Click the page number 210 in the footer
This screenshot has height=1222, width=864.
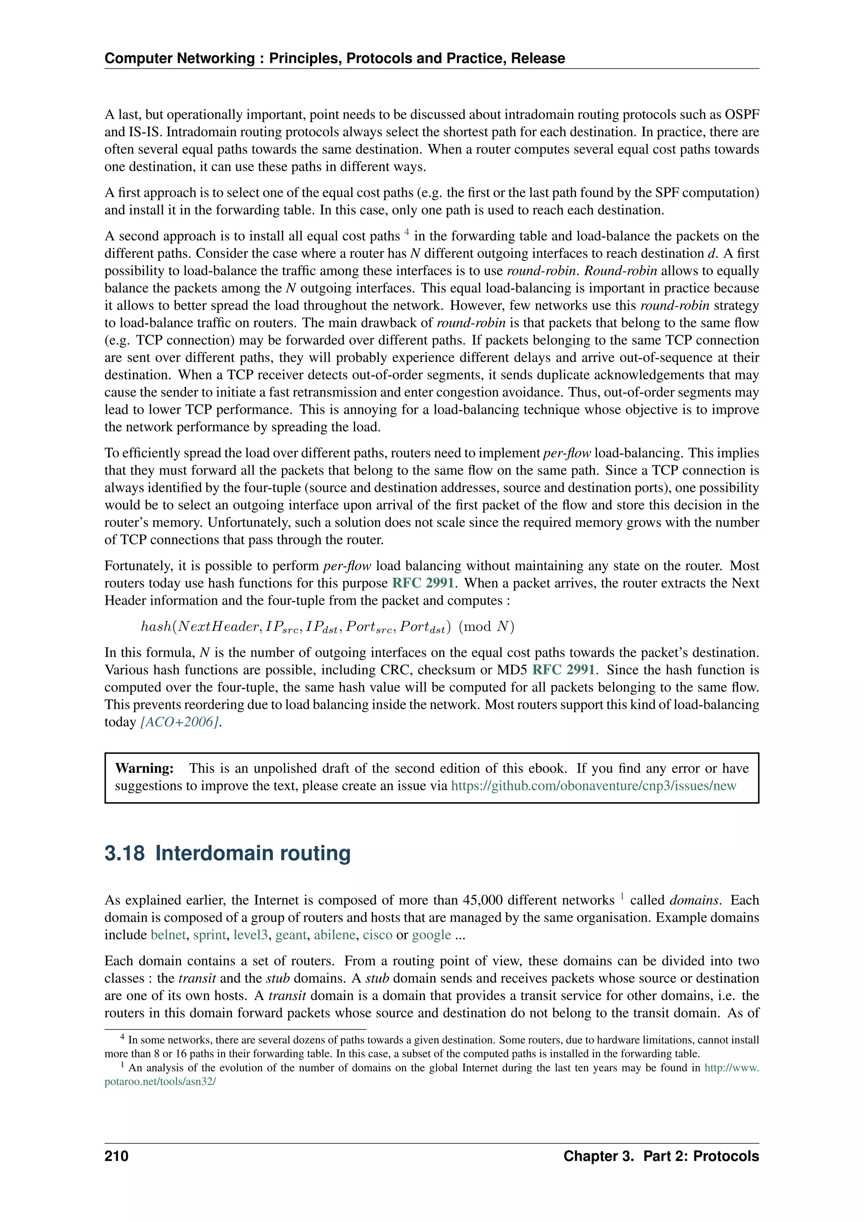116,1156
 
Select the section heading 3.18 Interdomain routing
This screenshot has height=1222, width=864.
228,853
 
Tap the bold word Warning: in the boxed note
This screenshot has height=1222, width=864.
144,768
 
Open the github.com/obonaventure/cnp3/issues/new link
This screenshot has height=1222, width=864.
593,786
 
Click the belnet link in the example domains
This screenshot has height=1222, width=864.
168,935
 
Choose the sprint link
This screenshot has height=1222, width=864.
210,935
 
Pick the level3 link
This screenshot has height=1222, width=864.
250,935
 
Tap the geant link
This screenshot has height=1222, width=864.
291,935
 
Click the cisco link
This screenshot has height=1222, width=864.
377,935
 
